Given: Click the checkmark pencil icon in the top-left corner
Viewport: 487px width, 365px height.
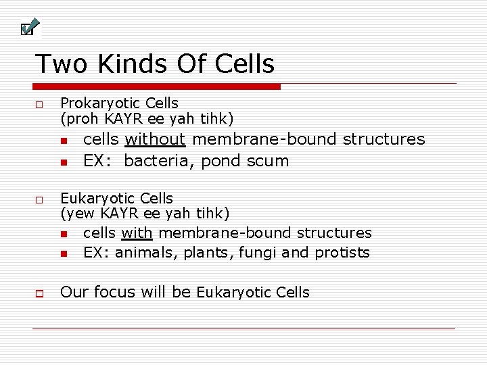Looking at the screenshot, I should [x=29, y=27].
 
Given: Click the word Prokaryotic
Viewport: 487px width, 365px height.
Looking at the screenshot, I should [x=95, y=103].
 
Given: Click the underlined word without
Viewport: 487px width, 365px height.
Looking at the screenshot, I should [x=155, y=139].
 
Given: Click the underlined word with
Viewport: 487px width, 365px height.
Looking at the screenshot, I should [x=137, y=233].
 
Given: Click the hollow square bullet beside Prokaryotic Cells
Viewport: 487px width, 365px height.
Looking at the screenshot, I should [x=39, y=106].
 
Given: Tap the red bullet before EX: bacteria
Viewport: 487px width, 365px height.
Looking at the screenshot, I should [x=63, y=162].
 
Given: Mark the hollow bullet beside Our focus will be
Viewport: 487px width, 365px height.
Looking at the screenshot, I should [x=39, y=294].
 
